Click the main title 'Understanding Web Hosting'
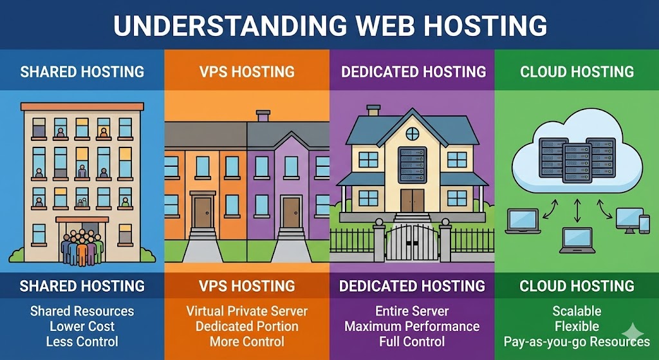[329, 25]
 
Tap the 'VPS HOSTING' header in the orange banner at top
[247, 71]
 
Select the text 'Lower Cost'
[82, 327]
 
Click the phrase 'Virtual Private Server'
[247, 311]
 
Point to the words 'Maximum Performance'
[412, 327]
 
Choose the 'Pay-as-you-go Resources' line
[577, 342]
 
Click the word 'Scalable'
[577, 311]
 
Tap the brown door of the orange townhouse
[203, 213]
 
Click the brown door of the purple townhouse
[291, 213]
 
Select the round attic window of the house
[412, 133]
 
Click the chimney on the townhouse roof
[263, 116]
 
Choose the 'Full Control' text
[412, 342]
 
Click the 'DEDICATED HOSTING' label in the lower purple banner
[412, 285]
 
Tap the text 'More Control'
[247, 342]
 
